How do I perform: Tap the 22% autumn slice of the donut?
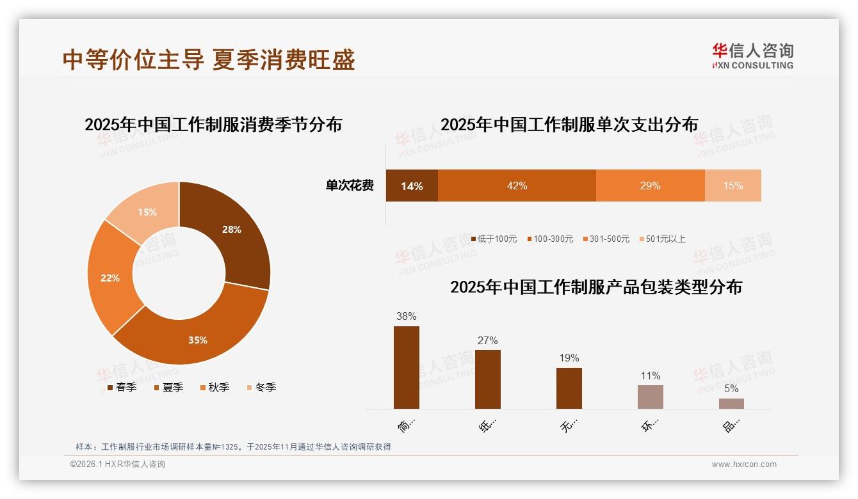(x=110, y=278)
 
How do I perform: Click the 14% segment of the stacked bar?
(x=412, y=186)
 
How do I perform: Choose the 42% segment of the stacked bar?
(x=517, y=186)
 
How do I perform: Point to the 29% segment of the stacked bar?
(x=650, y=186)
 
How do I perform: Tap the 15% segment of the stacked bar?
(x=733, y=186)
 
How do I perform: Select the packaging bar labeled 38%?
(x=407, y=367)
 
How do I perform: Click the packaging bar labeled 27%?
(x=488, y=379)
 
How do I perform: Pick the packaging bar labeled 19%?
(x=569, y=388)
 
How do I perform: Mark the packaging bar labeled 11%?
(x=651, y=397)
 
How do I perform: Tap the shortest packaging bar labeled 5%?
(x=731, y=404)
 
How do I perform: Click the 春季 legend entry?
(x=122, y=387)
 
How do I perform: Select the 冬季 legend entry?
(x=262, y=387)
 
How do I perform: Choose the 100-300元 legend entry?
(x=550, y=239)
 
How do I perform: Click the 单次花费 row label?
(x=350, y=186)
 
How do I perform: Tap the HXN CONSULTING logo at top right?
(x=752, y=56)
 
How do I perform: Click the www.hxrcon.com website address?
(x=744, y=464)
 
